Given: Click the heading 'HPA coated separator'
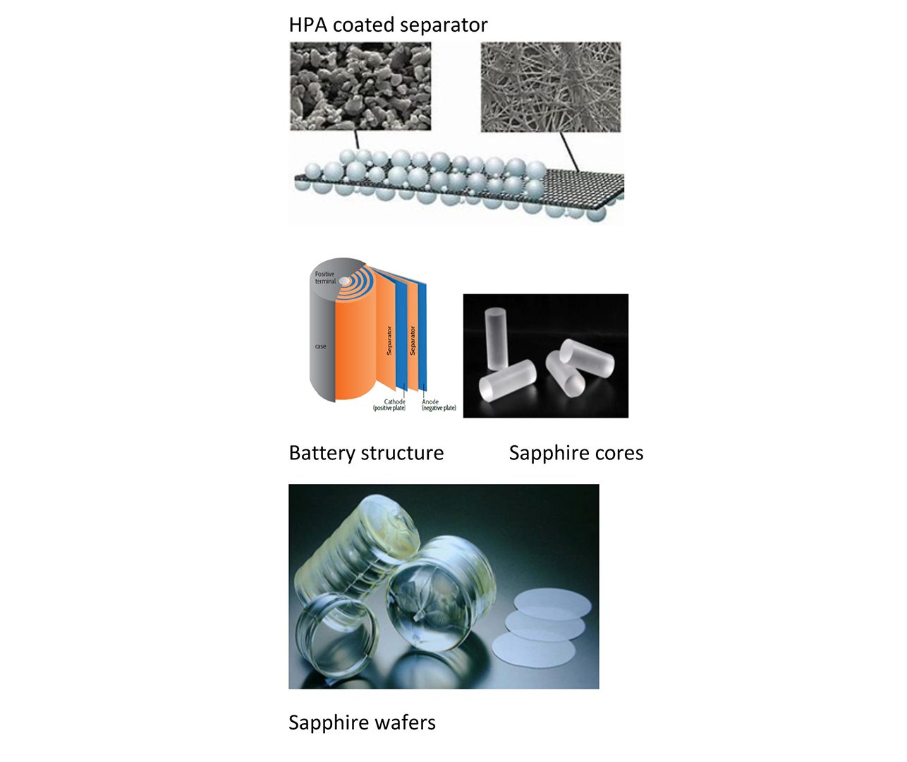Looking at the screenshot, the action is coord(388,25).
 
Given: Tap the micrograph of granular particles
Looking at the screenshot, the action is coord(360,86).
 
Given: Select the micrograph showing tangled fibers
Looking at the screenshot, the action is coord(551,87).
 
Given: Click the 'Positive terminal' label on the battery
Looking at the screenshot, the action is coord(325,278).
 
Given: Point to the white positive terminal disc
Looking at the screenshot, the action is coord(344,282).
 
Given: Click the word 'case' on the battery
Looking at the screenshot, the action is coord(320,346).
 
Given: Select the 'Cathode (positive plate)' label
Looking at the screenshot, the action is coord(389,405).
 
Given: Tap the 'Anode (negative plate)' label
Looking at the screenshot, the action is coord(439,405).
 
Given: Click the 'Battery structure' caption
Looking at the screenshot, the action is coord(366,453).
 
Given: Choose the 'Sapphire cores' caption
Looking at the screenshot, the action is coord(576,453).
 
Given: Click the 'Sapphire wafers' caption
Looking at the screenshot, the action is coord(362,722).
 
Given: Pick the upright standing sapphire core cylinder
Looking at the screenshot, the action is coord(496,339).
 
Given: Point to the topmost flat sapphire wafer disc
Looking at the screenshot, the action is coord(552,603).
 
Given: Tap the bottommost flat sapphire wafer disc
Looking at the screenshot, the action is coord(534,649).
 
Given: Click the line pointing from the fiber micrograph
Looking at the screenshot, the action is coord(569,151).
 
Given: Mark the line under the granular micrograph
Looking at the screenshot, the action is coord(357,140).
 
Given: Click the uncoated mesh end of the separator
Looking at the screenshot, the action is coord(584,187).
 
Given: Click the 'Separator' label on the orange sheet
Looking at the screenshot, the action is coord(389,340).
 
